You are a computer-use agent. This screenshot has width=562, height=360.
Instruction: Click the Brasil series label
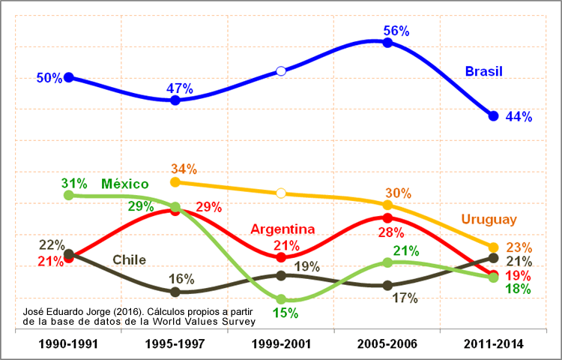tap(483, 72)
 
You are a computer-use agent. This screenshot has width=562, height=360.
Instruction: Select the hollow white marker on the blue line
tap(281, 71)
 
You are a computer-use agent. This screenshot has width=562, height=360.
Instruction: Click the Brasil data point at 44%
tap(493, 115)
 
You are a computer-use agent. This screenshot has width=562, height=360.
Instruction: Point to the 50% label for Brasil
tap(49, 78)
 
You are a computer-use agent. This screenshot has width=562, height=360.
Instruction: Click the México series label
tap(125, 184)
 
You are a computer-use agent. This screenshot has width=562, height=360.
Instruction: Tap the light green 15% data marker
tap(281, 299)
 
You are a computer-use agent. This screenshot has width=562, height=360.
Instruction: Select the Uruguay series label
tap(489, 220)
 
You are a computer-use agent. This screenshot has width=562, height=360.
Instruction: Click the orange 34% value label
tap(184, 168)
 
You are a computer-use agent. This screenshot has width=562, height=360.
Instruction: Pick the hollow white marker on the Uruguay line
tap(281, 193)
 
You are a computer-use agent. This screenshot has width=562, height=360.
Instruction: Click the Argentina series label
tap(282, 229)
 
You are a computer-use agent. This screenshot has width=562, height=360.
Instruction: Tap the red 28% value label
tap(391, 232)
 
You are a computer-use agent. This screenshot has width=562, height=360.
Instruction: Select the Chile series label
tap(129, 260)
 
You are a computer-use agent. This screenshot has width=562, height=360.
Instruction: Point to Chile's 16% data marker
tap(175, 292)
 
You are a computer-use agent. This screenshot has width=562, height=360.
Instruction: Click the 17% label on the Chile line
tap(405, 298)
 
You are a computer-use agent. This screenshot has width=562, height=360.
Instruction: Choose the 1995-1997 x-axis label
tap(175, 343)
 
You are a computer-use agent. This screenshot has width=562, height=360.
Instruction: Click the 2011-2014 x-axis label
tap(493, 343)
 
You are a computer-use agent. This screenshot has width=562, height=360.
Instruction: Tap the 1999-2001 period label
tap(281, 343)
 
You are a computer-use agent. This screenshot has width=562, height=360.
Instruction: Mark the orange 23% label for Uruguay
tap(519, 247)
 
